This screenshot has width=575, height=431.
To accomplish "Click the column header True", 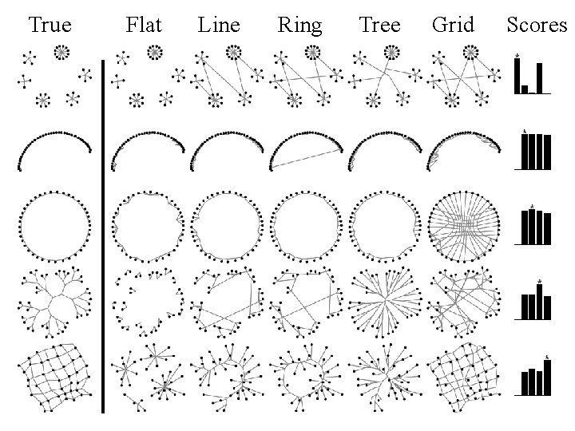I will (x=50, y=26).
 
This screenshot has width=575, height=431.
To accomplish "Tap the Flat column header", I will (x=144, y=26).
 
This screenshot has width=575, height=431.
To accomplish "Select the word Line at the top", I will (x=219, y=26).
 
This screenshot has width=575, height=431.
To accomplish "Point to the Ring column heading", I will (x=299, y=26).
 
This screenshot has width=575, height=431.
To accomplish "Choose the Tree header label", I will (x=380, y=26).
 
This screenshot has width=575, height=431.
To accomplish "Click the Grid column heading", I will (x=453, y=26).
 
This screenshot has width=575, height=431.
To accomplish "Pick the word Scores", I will (x=536, y=26).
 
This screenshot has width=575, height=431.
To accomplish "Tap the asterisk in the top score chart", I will (x=517, y=56).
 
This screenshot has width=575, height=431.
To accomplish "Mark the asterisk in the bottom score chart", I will (x=547, y=357).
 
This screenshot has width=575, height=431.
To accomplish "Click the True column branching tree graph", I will (x=54, y=302).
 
